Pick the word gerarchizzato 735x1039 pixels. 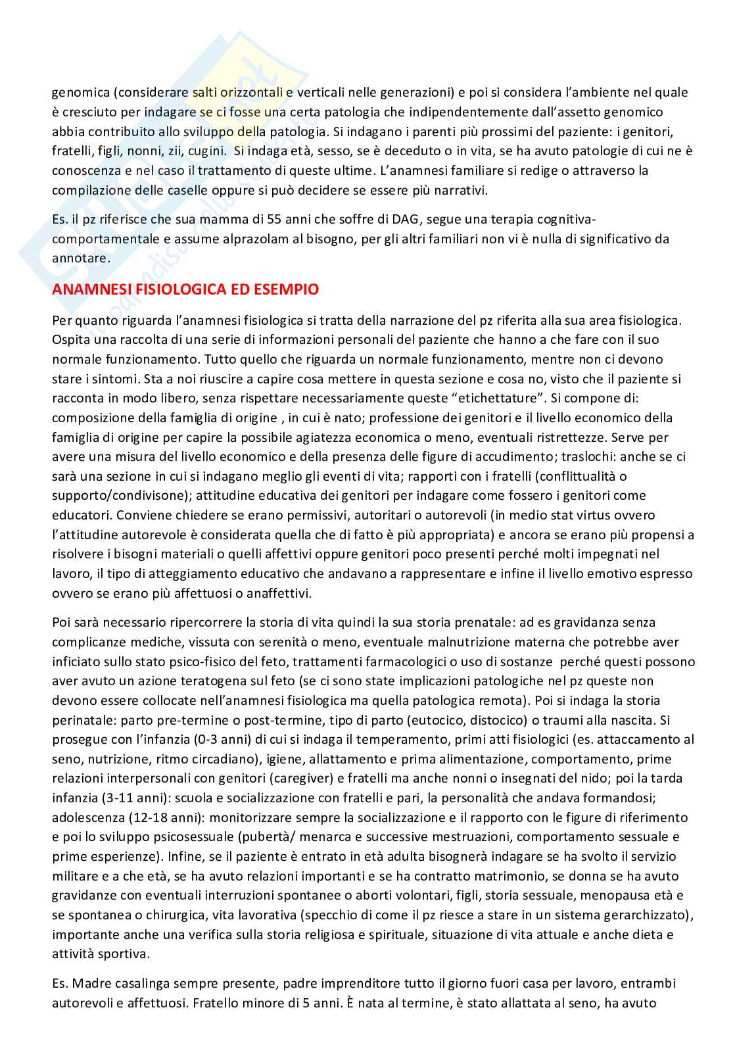tap(647, 915)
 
